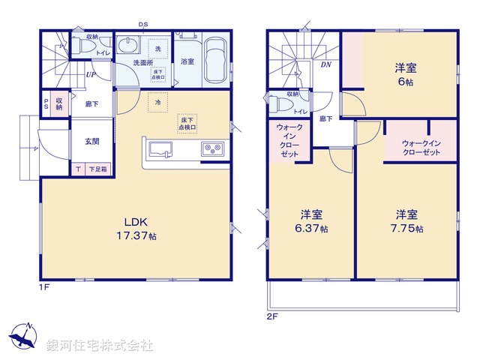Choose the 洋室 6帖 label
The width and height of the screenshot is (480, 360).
tap(406, 74)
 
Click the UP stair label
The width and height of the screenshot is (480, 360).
tap(90, 75)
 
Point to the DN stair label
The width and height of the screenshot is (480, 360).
tap(326, 65)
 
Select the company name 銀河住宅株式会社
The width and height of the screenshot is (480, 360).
tap(100, 346)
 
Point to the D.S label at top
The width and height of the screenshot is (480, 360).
tap(142, 25)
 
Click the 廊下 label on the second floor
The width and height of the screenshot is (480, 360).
tap(326, 118)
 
